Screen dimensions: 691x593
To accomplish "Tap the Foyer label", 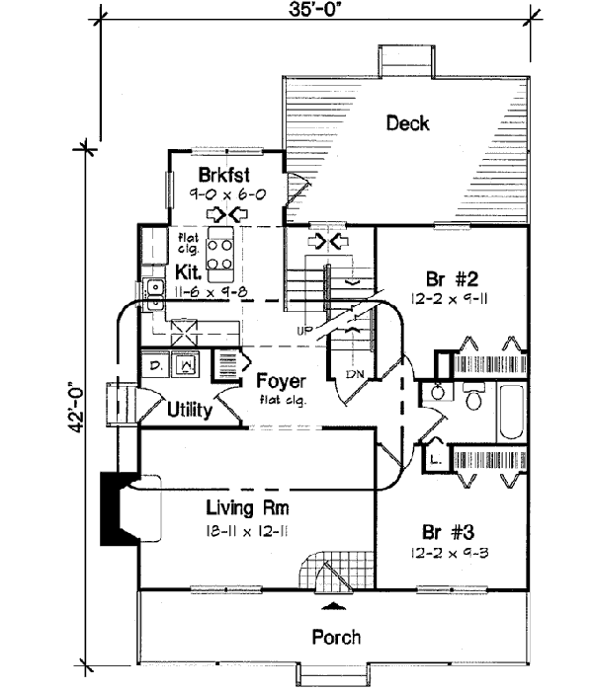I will pyautogui.click(x=280, y=381).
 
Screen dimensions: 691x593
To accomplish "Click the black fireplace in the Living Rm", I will pyautogui.click(x=116, y=508).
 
